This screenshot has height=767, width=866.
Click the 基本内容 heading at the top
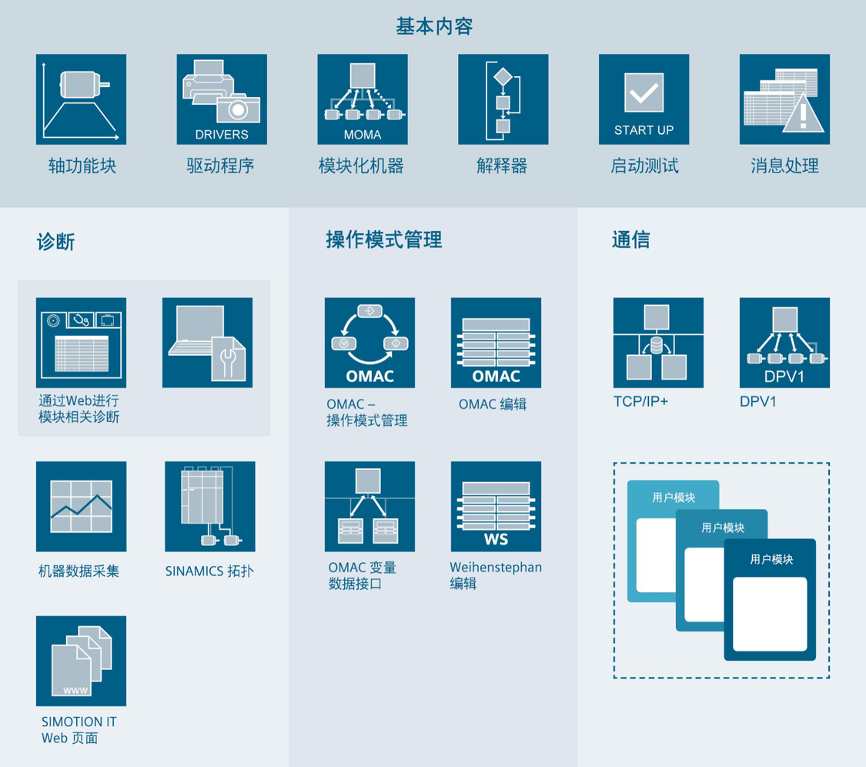434,26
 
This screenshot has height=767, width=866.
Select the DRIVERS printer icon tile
222,99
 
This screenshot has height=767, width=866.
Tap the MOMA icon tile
363,99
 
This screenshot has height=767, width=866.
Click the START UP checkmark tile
644,99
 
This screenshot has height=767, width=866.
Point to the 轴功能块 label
82,166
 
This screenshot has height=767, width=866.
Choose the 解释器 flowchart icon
503,99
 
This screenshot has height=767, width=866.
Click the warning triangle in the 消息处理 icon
804,113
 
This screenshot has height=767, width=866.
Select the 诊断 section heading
55,242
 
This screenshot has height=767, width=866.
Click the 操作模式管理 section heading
384,239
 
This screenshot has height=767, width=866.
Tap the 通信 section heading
630,239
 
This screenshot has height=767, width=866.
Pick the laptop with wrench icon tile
208,343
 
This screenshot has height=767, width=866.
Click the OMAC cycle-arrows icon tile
369,343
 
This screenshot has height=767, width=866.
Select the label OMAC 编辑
493,404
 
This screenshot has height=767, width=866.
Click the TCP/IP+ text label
640,401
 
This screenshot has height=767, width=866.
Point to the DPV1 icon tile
784,343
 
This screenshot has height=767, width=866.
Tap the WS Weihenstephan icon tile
496,506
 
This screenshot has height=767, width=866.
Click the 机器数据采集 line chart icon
81,506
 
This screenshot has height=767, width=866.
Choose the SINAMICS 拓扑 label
209,571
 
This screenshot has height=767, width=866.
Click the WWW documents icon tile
81,661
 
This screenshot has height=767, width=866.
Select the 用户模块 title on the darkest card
771,559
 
